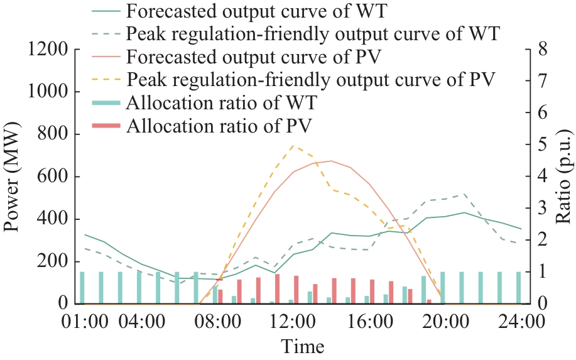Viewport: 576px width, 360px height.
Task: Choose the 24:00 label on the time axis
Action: pos(519,323)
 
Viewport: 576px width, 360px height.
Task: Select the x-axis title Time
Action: pos(302,346)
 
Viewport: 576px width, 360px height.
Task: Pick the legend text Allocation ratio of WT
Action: pos(221,102)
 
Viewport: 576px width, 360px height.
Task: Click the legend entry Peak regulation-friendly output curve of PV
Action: pos(311,79)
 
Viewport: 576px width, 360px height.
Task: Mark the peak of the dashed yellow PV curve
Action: pos(293,145)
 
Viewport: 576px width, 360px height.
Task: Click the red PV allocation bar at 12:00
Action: pos(296,290)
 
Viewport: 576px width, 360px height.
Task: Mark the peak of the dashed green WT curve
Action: pos(464,194)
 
